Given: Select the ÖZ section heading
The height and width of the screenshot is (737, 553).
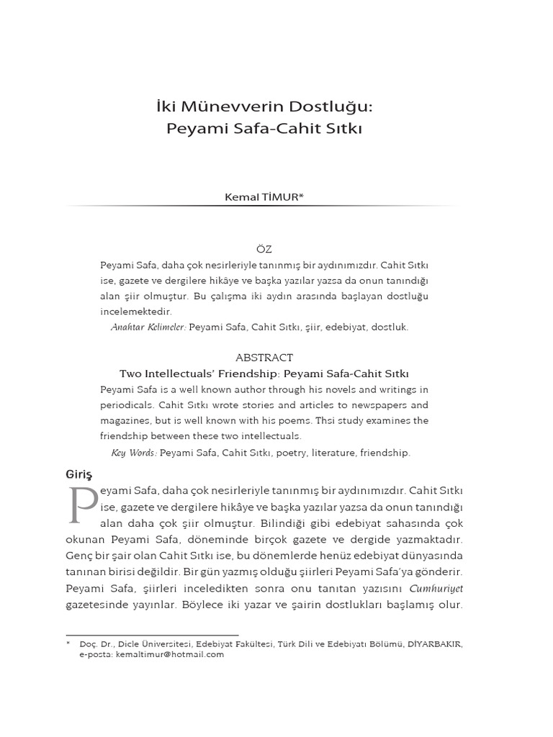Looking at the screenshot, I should (264, 249).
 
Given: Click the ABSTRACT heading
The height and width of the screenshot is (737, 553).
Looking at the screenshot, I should (264, 358).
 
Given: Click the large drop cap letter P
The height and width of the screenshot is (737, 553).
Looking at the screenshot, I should (81, 506).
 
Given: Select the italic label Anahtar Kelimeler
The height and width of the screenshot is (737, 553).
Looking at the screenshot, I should (148, 327).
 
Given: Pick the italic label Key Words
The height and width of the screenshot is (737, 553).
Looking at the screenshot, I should (134, 453).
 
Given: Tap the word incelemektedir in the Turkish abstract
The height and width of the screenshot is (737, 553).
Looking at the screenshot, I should (136, 312).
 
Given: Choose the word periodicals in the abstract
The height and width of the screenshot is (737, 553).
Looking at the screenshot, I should (128, 405).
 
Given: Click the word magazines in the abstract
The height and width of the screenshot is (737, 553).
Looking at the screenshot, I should (126, 420).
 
